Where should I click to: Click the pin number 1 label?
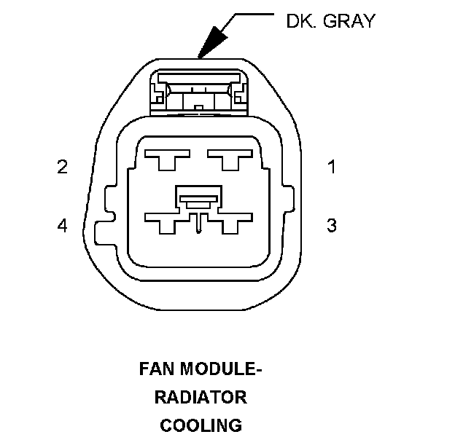point(332,168)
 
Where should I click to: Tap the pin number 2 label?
point(63,168)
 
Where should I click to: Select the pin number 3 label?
point(332,225)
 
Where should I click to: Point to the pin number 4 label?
point(63,226)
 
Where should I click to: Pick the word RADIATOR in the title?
point(201,398)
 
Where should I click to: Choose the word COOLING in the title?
point(201,425)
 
